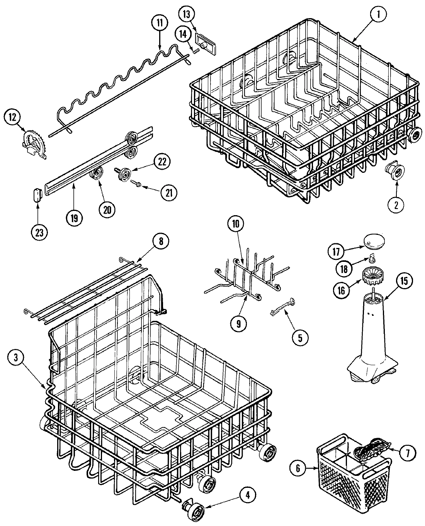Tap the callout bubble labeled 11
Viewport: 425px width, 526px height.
click(x=160, y=23)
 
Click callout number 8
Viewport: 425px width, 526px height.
click(x=161, y=241)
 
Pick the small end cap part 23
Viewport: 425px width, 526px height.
click(x=37, y=195)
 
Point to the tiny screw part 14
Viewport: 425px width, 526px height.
click(x=196, y=50)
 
